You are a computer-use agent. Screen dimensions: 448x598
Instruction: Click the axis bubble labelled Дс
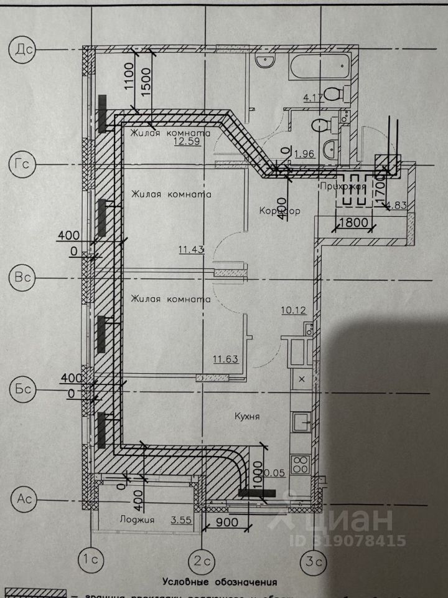23,49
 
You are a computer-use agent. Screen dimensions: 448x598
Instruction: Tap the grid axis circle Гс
23,164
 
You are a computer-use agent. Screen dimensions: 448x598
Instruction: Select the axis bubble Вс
23,277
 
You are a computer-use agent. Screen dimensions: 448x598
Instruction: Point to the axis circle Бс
23,390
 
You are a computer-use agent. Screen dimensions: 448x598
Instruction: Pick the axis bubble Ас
23,499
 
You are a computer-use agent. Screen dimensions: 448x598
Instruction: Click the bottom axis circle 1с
91,559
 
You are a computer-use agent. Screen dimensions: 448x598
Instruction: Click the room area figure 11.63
226,358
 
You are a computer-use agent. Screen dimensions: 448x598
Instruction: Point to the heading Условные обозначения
220,582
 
